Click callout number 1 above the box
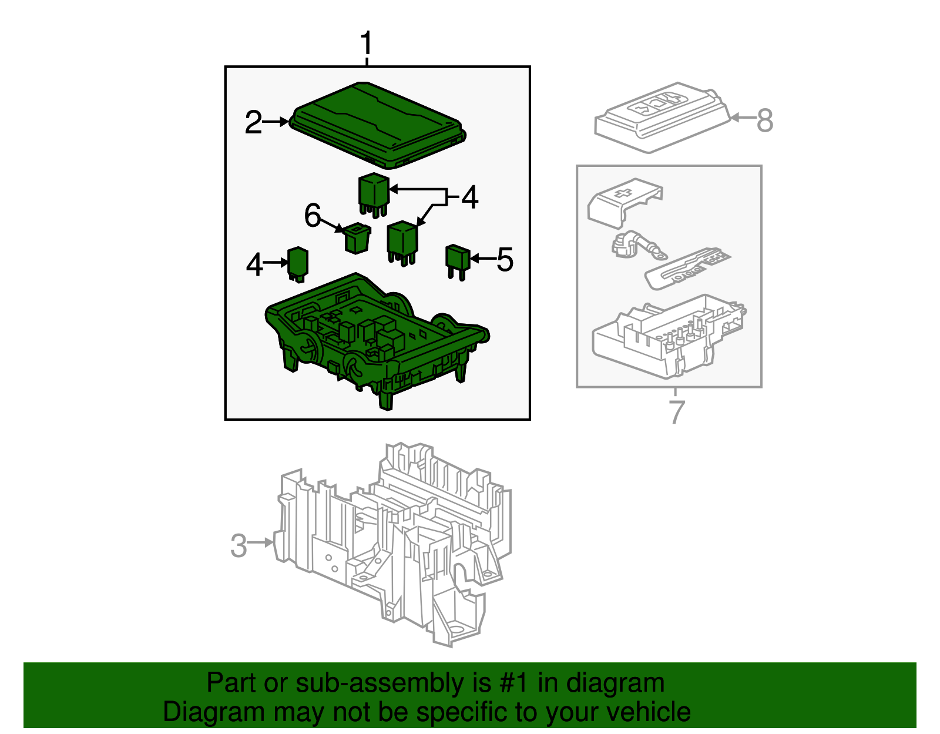click(366, 44)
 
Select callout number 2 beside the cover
click(253, 122)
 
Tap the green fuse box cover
click(376, 123)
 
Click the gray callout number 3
click(239, 545)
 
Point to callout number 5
click(505, 260)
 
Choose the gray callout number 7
click(677, 411)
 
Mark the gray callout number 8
click(764, 120)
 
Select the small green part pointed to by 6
click(357, 238)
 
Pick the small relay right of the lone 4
click(297, 263)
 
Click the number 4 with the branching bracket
click(469, 197)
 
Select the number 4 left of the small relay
click(254, 264)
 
